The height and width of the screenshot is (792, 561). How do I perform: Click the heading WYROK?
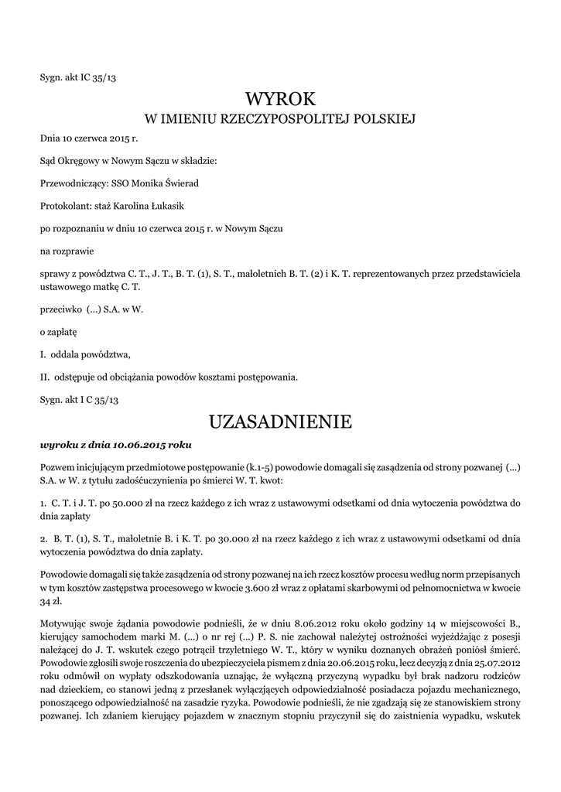pyautogui.click(x=280, y=99)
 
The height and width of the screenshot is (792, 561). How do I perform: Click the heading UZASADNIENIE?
pyautogui.click(x=280, y=422)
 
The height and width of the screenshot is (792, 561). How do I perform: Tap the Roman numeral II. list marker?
pyautogui.click(x=45, y=377)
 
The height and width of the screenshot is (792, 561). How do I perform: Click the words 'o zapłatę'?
pyautogui.click(x=59, y=332)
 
